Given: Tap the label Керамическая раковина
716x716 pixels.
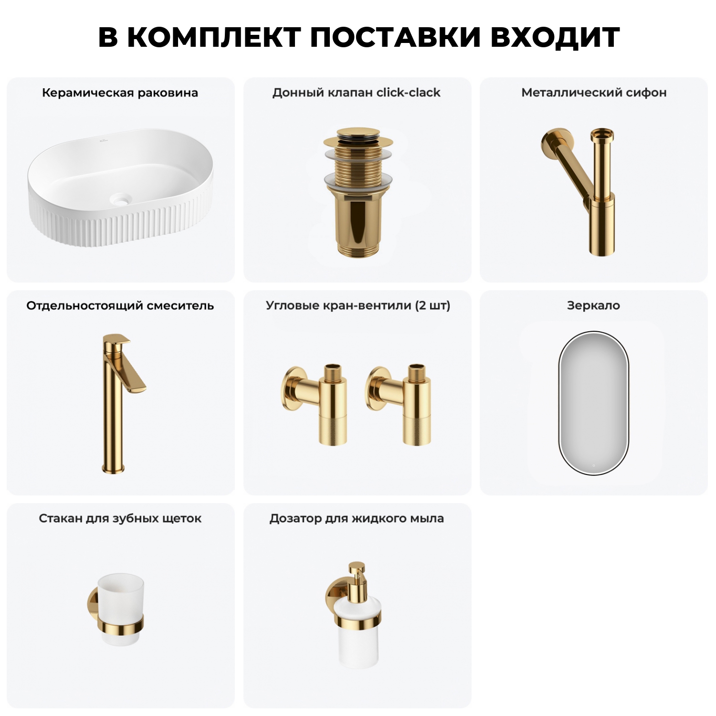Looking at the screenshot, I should coord(120,93).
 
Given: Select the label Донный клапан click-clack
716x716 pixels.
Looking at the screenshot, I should coord(356,93).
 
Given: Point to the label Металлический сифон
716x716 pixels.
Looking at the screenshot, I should coord(594,93).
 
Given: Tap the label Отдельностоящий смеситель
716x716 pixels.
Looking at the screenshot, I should coord(120,305).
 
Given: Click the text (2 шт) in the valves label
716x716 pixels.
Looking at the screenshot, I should coord(432,305).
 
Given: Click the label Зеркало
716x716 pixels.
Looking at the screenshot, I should coord(593,305).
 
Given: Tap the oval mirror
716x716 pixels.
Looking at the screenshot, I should coord(593,403).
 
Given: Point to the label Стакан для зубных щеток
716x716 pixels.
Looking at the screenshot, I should coord(120,518).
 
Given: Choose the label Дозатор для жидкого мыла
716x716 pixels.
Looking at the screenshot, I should coord(357,518).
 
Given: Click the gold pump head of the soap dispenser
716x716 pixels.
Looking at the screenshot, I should coord(357,573).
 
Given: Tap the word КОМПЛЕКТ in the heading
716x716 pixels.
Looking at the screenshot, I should coord(214,37).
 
